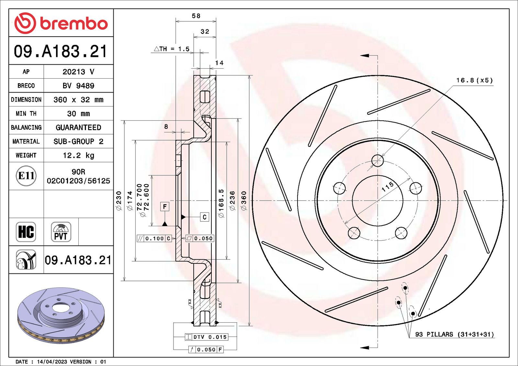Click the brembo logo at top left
coord(61,23)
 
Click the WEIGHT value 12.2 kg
coord(78,155)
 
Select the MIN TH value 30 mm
coord(78,114)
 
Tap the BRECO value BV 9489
coord(78,86)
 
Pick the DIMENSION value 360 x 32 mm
coord(78,100)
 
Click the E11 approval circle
coord(26,176)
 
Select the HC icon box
coord(26,232)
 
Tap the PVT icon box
coord(61,232)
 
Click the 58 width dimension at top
coord(196,16)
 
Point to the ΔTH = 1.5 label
coord(172,49)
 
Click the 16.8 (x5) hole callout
coord(474,80)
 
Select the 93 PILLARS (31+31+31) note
coord(455,334)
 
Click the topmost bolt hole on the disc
coord(377,161)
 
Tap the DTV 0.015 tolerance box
coord(207,337)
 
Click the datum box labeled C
coord(204,217)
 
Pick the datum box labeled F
coord(165,206)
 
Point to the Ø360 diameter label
coord(244,201)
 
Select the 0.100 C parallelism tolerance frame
coord(154,238)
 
